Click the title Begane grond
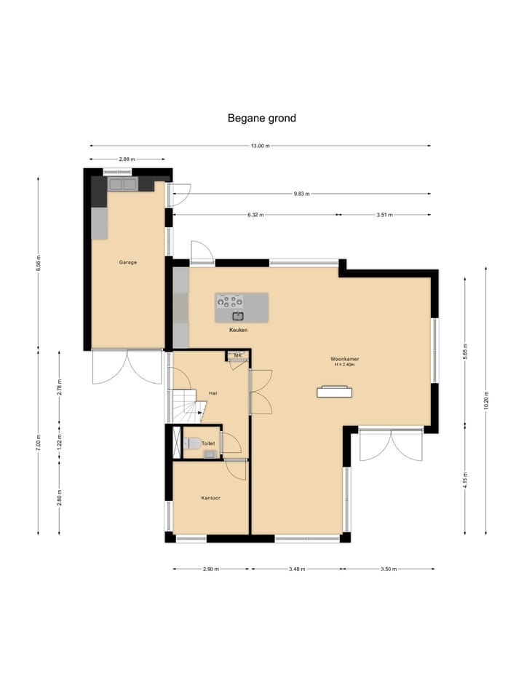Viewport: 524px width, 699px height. pyautogui.click(x=261, y=118)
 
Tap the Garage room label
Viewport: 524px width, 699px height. pyautogui.click(x=128, y=262)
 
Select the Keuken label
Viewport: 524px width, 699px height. pyautogui.click(x=239, y=330)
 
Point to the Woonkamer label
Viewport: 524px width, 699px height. pyautogui.click(x=345, y=359)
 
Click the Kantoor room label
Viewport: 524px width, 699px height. pyautogui.click(x=211, y=498)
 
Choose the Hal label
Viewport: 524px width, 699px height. pyautogui.click(x=213, y=393)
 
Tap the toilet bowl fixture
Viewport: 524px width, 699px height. pyautogui.click(x=192, y=443)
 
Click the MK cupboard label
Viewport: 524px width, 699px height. pyautogui.click(x=238, y=355)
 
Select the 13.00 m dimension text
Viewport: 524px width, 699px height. pyautogui.click(x=261, y=146)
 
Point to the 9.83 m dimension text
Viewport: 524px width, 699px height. pyautogui.click(x=301, y=194)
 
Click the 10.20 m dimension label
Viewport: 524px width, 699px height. pyautogui.click(x=486, y=400)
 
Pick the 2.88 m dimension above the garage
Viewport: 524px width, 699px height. pyautogui.click(x=127, y=159)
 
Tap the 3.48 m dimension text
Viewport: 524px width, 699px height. pyautogui.click(x=297, y=569)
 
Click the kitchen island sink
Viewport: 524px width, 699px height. pyautogui.click(x=239, y=316)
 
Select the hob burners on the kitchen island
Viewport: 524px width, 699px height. pyautogui.click(x=230, y=301)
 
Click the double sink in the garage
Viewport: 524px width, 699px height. pyautogui.click(x=122, y=184)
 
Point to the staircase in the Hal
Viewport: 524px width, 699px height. pyautogui.click(x=187, y=406)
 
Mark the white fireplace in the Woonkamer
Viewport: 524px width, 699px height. pyautogui.click(x=334, y=392)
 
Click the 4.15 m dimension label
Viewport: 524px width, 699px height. pyautogui.click(x=465, y=480)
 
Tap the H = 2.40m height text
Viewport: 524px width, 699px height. pyautogui.click(x=345, y=365)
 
